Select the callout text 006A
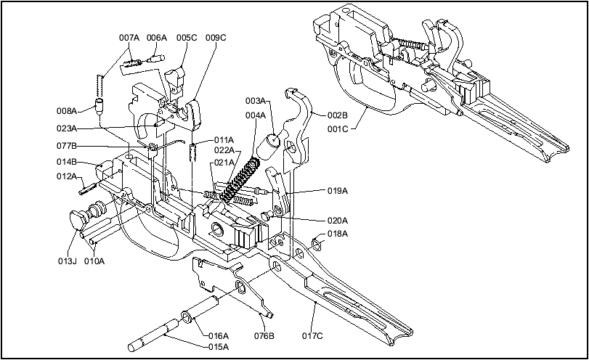coord(156,37)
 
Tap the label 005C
coord(186,37)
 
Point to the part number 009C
coord(216,37)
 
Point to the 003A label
coord(255,100)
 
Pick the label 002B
coord(337,115)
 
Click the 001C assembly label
coord(337,129)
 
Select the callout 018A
coord(338,234)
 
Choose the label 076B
coord(264,336)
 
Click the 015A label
coord(219,347)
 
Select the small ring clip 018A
coord(317,243)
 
